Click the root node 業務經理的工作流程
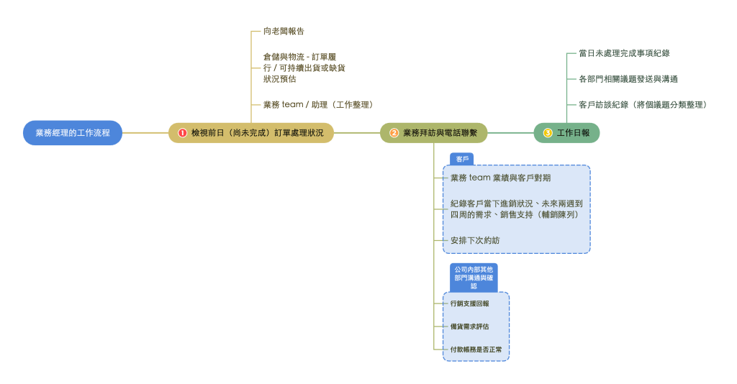73,133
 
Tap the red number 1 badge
182,133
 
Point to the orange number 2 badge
394,133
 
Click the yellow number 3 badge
548,133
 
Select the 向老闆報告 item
284,32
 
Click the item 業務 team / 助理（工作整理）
317,105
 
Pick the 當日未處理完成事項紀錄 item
624,53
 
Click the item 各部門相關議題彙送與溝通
628,79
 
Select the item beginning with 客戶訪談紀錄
642,105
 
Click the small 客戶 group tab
462,159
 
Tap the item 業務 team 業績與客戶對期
500,178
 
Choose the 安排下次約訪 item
474,240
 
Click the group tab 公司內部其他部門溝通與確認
474,277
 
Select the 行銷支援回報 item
469,304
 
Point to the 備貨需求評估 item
469,327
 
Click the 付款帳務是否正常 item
476,350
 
